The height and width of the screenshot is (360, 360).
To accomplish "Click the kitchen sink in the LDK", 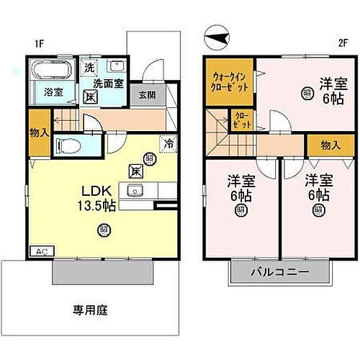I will pos(134,191).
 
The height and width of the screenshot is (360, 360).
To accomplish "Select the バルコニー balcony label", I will pos(280,273).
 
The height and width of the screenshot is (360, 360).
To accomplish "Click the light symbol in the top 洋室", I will pos(307,92).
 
